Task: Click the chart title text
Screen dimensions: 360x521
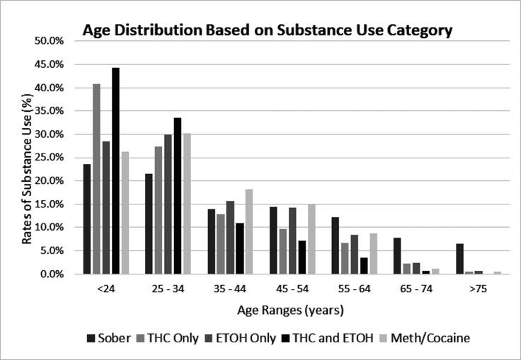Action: point(268,30)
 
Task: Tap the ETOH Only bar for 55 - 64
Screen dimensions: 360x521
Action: point(355,255)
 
